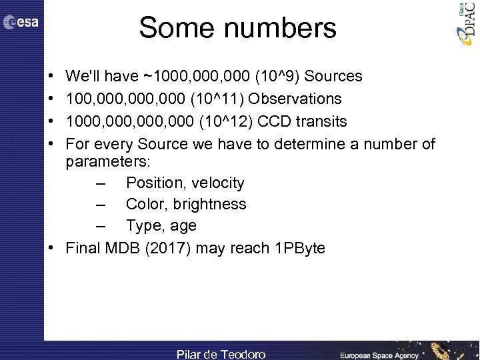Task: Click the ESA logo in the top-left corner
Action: (21, 23)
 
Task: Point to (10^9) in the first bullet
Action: (283, 76)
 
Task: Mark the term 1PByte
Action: (300, 249)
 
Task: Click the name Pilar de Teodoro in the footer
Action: (221, 354)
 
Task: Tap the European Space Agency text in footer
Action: (379, 355)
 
